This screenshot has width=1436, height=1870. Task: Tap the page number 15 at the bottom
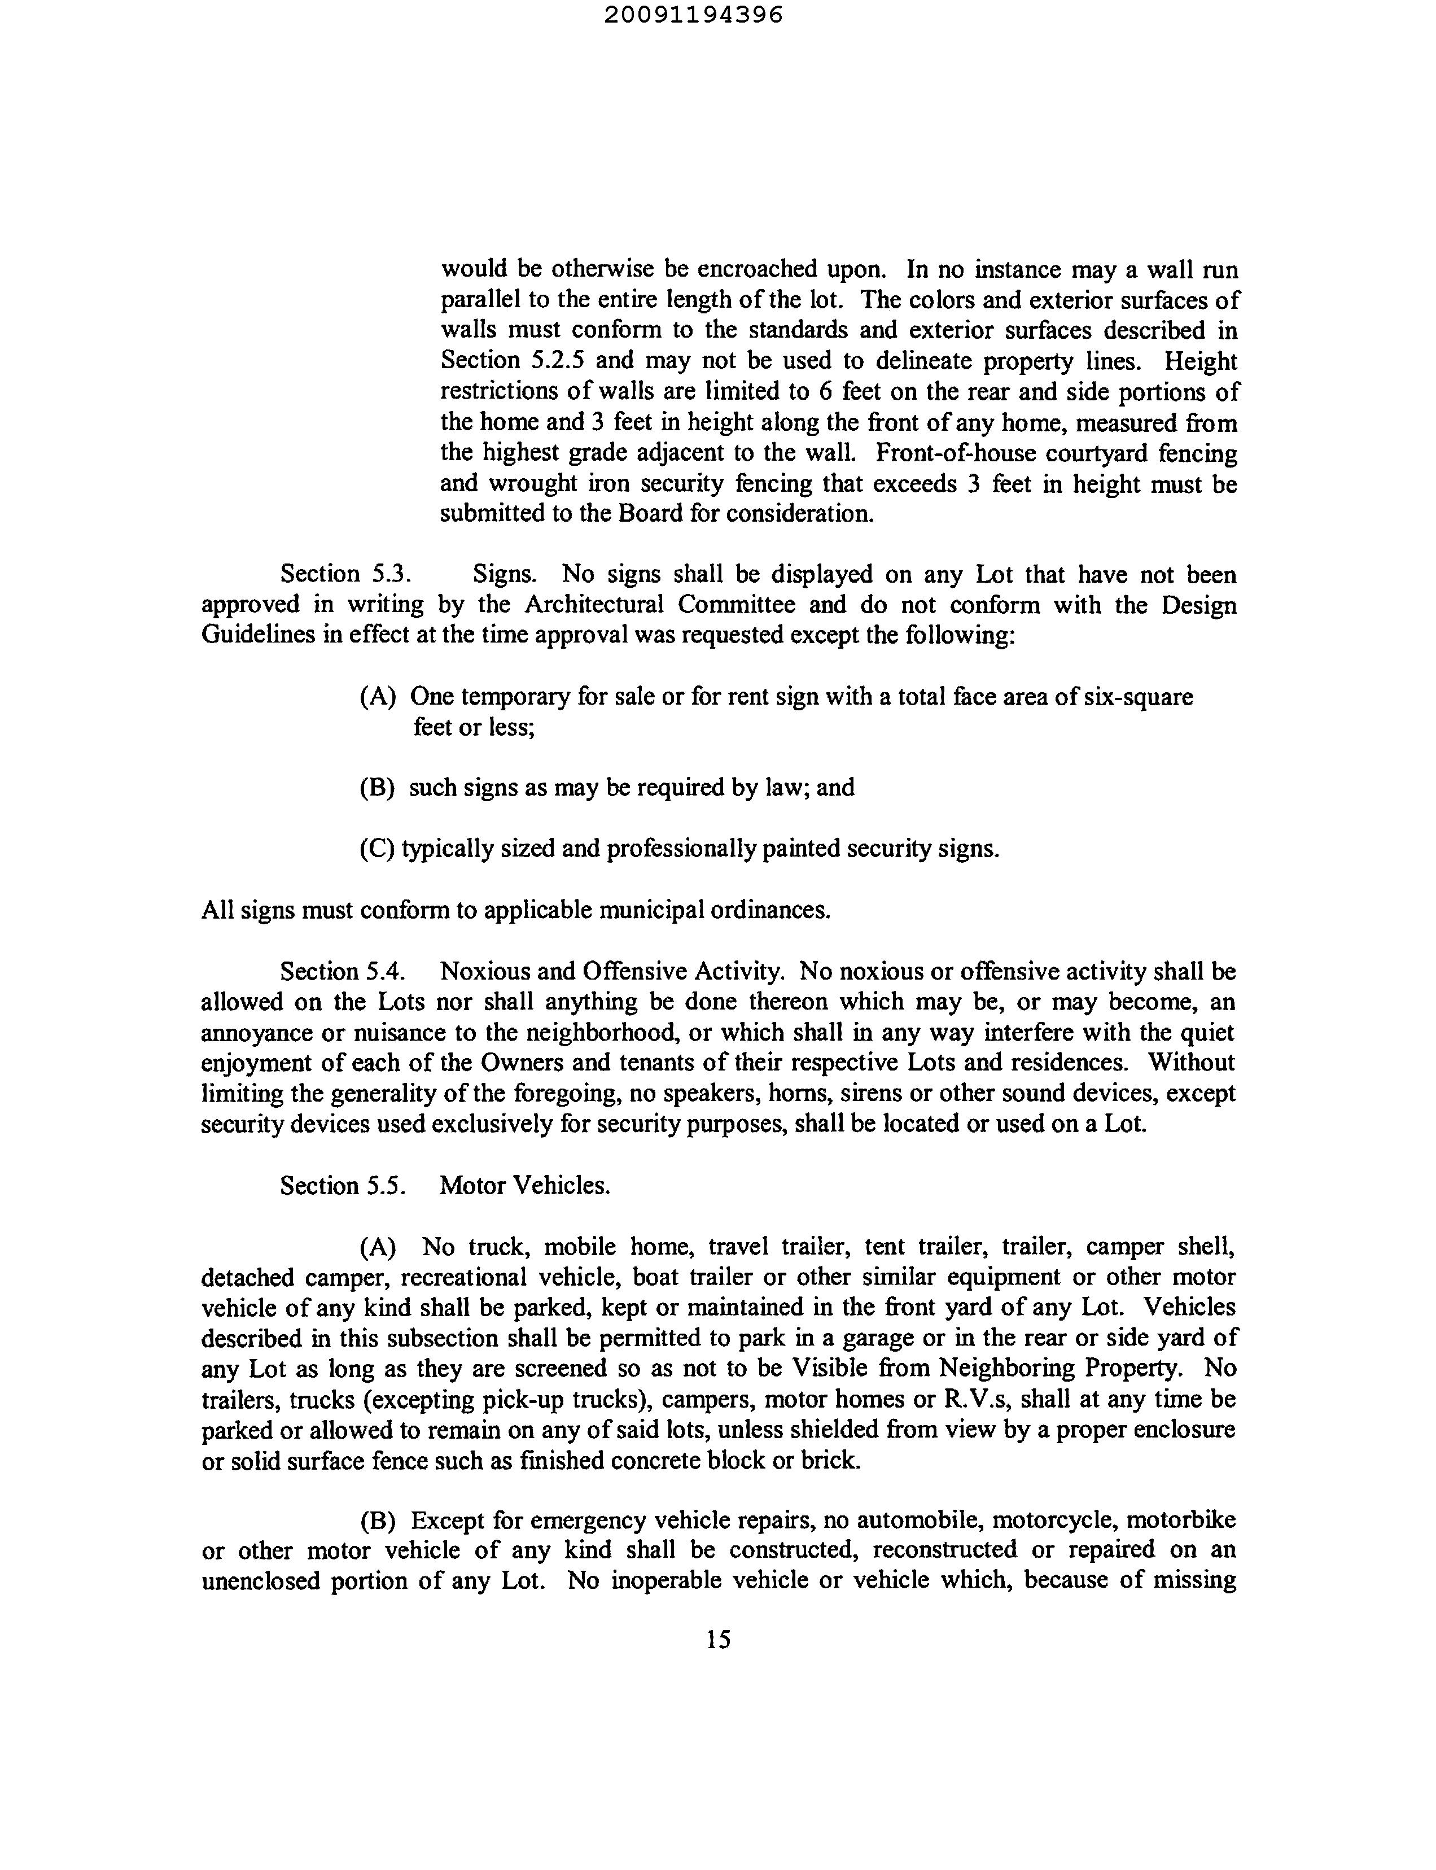pyautogui.click(x=718, y=1639)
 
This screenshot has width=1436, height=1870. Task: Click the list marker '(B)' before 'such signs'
pyautogui.click(x=378, y=788)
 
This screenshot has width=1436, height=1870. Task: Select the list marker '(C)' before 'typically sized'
pyautogui.click(x=378, y=849)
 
